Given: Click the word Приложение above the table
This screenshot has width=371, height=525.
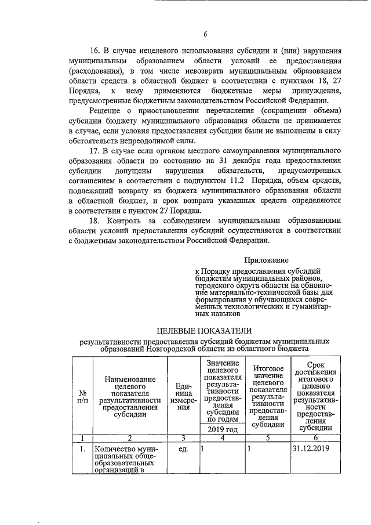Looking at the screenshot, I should point(265,260).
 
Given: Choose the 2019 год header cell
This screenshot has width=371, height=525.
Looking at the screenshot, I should point(222,429).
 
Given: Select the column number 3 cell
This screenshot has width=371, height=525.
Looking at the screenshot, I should point(183,438).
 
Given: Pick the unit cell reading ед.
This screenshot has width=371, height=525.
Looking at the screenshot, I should point(183,449).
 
